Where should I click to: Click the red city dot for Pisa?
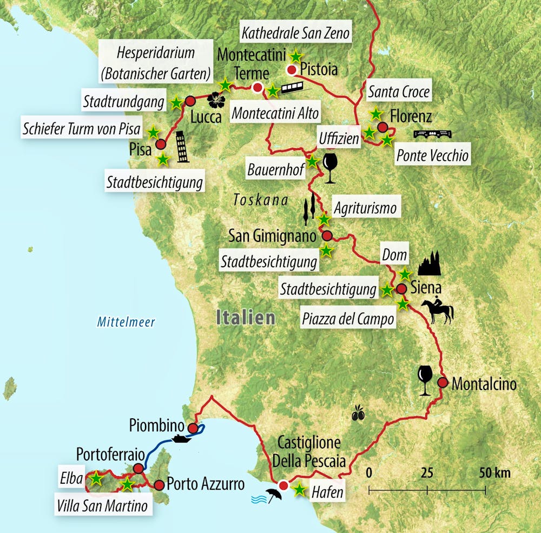[161, 144]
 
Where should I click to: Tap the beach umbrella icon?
[273, 494]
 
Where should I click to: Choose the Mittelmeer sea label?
[126, 323]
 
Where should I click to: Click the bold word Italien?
[246, 318]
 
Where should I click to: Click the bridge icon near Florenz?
[431, 134]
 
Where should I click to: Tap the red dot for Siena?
[401, 288]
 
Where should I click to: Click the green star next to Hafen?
[299, 490]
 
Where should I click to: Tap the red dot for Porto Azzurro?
[159, 485]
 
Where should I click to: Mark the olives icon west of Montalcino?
[358, 414]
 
